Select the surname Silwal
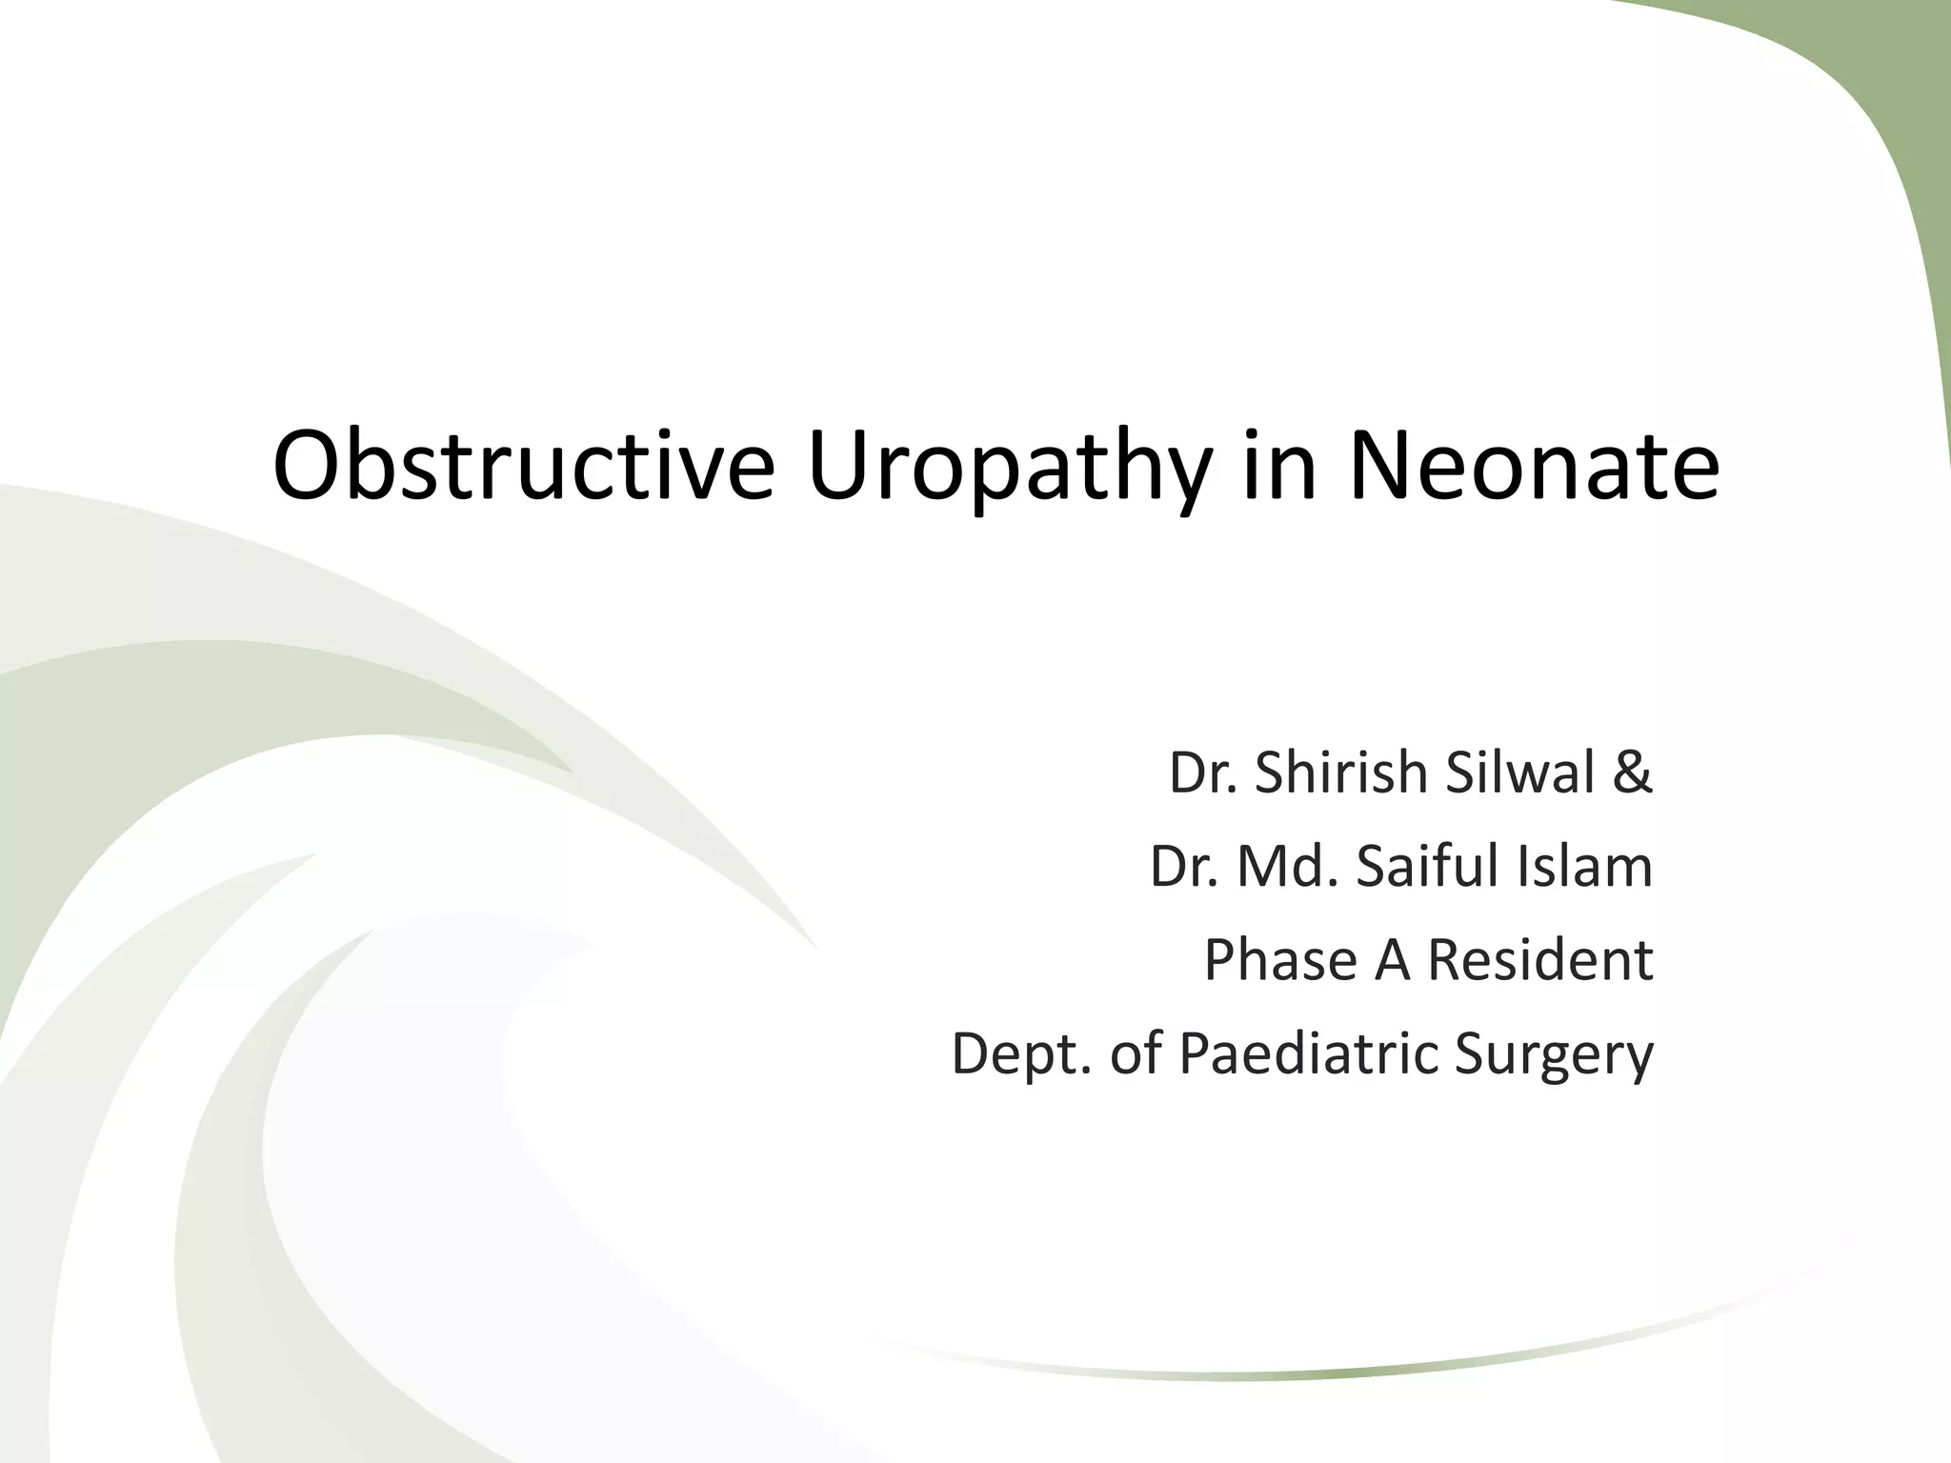(x=1520, y=772)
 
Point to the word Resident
(x=1540, y=959)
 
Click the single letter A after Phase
(x=1392, y=959)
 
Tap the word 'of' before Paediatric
(x=1136, y=1052)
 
